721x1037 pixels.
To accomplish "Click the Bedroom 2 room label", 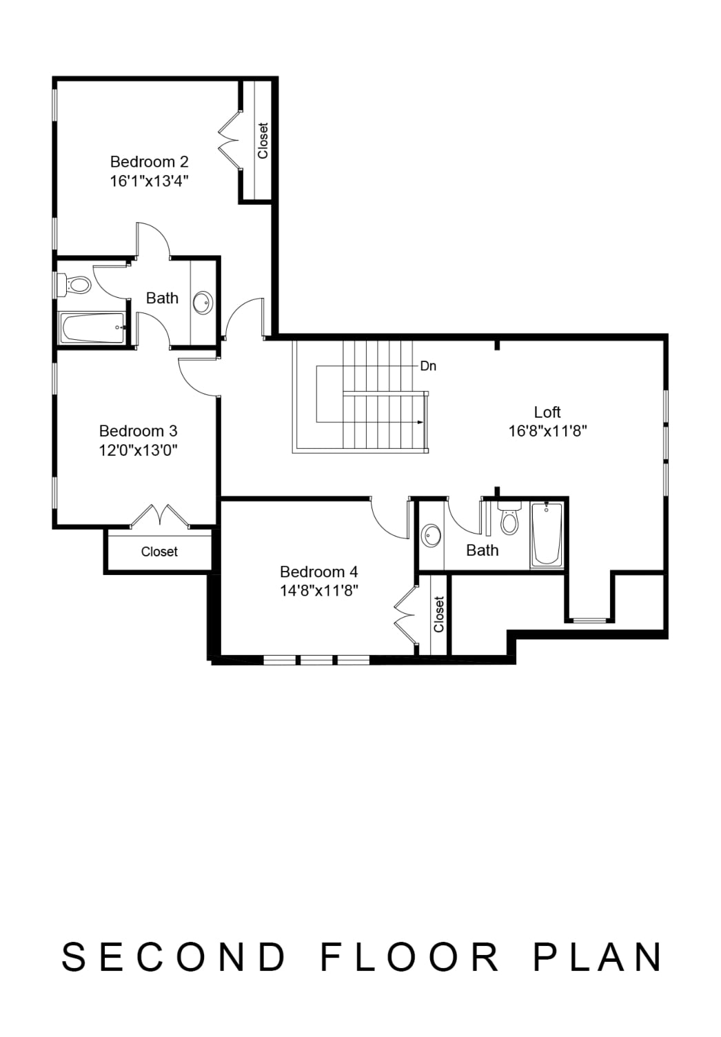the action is coord(150,162).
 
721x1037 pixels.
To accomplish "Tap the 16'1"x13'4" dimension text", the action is coord(150,181).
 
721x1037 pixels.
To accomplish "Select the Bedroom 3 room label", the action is coord(139,431).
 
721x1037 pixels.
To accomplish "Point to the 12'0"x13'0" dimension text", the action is coord(139,450).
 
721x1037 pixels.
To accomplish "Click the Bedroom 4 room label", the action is coord(319,572).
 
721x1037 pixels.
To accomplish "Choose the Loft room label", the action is coord(547,412).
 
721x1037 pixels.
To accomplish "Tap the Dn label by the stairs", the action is coord(428,366).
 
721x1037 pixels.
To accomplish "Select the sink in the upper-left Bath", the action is coord(203,302).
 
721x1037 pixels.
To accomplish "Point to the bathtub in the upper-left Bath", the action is coord(92,328).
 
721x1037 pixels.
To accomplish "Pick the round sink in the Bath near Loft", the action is coord(431,536).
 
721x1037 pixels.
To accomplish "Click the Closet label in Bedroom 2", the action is coord(263,141).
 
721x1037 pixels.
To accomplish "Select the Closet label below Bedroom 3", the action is coord(159,552).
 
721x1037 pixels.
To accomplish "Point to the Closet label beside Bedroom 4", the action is coord(438,614).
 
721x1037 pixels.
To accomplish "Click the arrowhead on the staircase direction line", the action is coord(420,422).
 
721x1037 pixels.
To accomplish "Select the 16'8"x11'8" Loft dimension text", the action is coord(547,432).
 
